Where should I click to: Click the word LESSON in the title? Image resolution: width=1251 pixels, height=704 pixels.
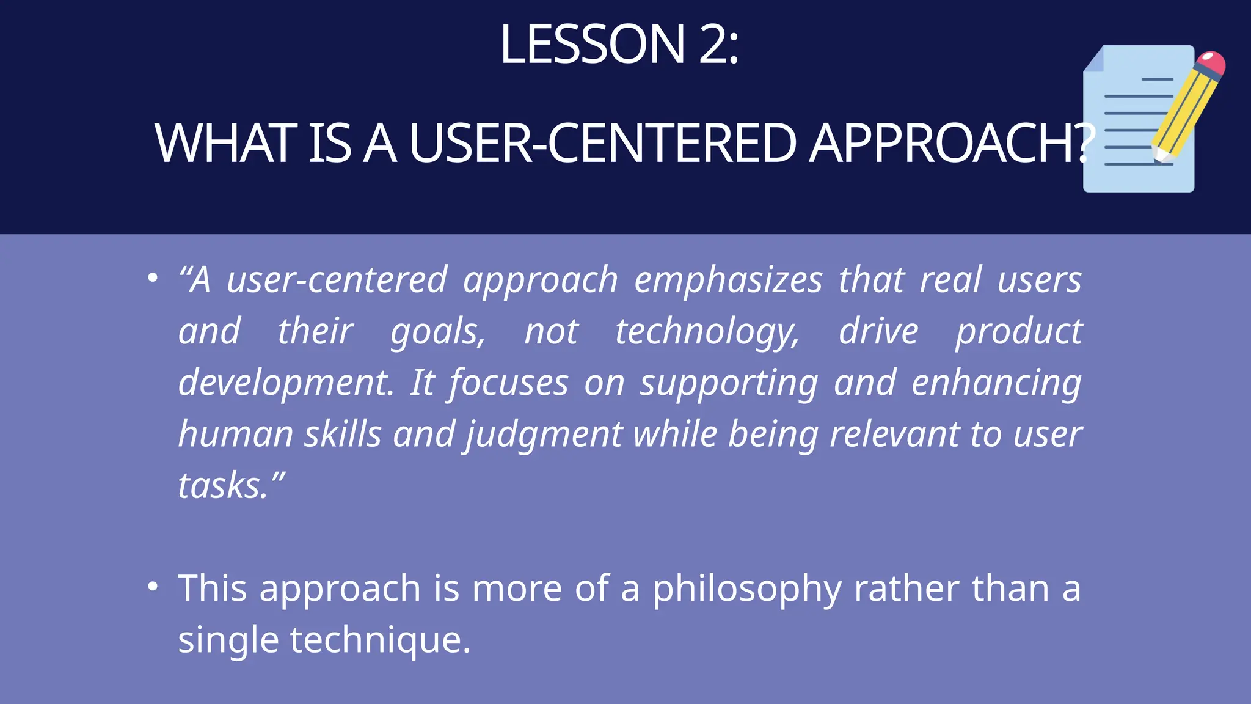pos(592,44)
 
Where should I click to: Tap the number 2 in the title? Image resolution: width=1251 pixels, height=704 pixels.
pos(713,44)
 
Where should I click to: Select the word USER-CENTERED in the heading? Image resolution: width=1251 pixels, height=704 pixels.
pos(602,143)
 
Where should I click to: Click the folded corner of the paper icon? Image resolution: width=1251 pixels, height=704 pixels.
pos(1094,60)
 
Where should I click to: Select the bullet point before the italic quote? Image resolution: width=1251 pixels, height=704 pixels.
pos(153,278)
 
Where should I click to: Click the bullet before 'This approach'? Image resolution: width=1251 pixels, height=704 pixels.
pos(153,587)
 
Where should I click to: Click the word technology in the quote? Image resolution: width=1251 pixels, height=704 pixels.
pos(707,332)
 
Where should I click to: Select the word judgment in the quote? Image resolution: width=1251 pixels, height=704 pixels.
pos(544,435)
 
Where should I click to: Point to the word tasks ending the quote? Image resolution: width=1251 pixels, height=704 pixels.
pos(223,486)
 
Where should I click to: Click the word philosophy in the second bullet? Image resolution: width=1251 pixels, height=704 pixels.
pos(746,589)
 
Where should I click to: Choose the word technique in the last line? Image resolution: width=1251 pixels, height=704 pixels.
pos(379,640)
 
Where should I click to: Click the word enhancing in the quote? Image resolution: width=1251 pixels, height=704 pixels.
pos(996,383)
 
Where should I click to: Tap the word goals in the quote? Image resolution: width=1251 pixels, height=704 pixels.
pos(438,332)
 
